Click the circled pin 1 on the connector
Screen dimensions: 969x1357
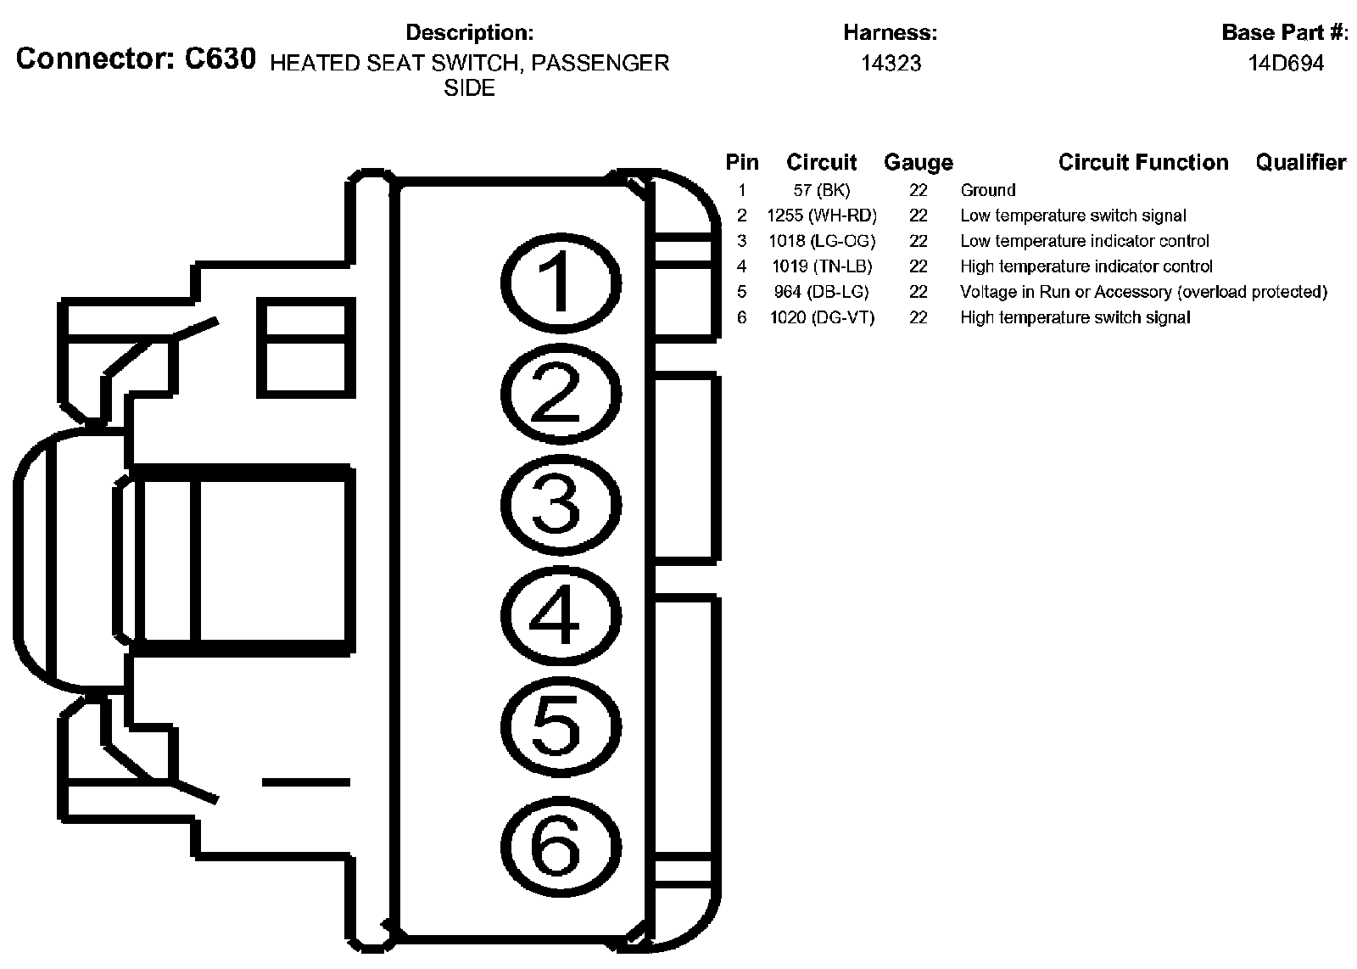pos(561,283)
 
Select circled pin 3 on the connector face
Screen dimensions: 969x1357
pos(561,505)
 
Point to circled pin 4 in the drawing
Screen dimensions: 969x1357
pos(561,616)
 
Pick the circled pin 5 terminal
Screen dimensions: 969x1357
pos(561,726)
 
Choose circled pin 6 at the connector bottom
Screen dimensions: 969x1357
pos(561,846)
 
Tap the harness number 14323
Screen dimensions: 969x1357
pos(891,64)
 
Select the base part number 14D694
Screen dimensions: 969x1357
pos(1285,64)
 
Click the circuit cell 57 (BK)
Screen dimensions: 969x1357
pos(821,190)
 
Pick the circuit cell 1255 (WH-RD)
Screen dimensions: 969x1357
pos(821,216)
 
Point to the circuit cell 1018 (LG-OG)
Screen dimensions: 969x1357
pos(821,241)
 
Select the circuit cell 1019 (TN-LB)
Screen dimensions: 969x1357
pos(821,266)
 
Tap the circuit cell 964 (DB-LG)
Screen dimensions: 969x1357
pos(821,292)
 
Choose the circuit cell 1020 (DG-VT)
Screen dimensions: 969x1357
pos(821,317)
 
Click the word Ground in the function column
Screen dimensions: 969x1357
pos(987,190)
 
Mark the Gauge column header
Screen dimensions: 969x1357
pos(918,162)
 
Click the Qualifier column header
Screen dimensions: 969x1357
pos(1300,162)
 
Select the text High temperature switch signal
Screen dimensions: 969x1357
pos(1075,317)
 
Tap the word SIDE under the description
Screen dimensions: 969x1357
pos(469,89)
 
